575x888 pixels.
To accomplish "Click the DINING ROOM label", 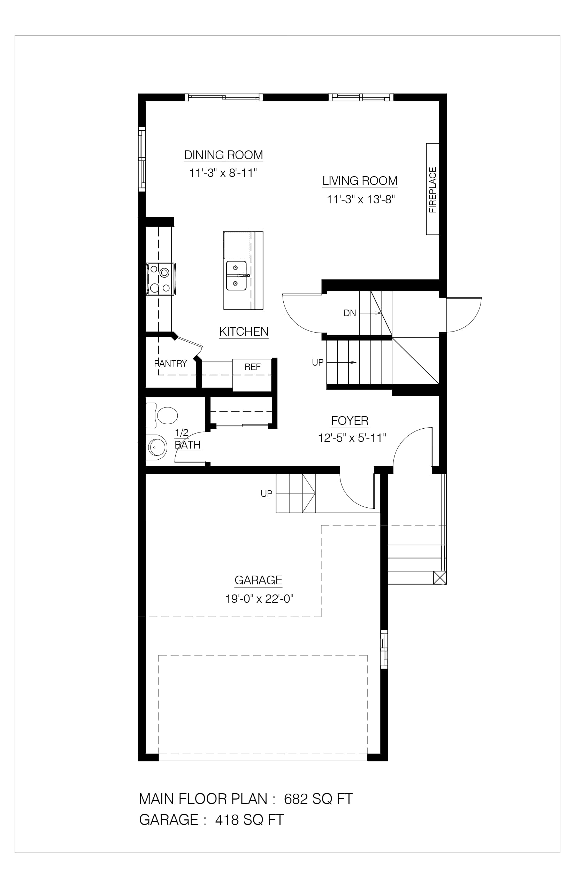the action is coord(224,155).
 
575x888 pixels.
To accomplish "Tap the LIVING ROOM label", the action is coord(360,181).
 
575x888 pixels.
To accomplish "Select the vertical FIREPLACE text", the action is coord(433,190).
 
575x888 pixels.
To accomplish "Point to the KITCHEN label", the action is coord(244,331).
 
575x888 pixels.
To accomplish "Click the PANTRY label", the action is coord(171,364).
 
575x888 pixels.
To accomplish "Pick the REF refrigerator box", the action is coord(252,375).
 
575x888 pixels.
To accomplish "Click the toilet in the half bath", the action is coord(161,415).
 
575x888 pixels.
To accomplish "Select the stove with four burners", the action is coord(161,279).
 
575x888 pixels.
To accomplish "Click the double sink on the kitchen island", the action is coord(236,276).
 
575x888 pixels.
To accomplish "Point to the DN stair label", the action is coord(350,313).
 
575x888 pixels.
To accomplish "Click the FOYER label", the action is coord(350,421).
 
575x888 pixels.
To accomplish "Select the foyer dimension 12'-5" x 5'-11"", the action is coord(352,438).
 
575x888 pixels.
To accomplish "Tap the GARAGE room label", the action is coord(258,580).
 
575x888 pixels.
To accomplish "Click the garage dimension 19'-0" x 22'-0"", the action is coord(259,599).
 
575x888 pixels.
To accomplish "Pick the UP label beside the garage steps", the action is coord(267,494).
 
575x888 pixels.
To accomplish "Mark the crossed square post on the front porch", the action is coord(440,578).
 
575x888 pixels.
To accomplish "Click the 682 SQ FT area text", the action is coord(318,799).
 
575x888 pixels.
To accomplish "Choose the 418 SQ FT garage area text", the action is coord(250,820).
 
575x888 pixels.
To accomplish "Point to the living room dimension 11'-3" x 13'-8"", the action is coord(361,200).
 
